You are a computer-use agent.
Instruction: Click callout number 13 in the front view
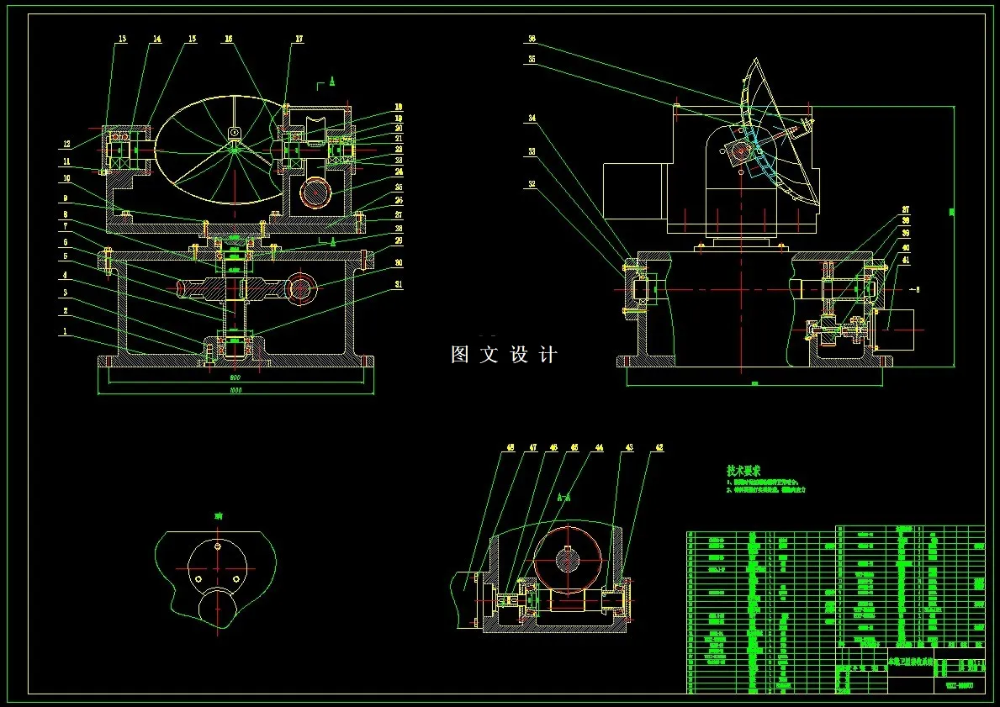coord(122,39)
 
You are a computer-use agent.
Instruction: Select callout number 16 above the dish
coord(229,39)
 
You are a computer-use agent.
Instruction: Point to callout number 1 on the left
coord(64,331)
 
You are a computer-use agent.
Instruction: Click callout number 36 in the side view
coord(532,39)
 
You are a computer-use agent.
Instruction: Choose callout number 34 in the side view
coord(532,119)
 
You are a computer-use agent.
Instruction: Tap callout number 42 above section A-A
coord(659,448)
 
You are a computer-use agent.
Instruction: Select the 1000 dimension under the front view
coord(235,391)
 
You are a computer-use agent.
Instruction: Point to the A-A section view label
coord(564,497)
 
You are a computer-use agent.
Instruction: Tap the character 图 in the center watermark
coord(460,355)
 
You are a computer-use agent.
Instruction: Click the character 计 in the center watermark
coord(548,355)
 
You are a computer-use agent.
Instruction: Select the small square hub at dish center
coord(235,132)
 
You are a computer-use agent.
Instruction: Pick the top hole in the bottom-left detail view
coord(216,547)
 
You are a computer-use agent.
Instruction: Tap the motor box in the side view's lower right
coord(894,330)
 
